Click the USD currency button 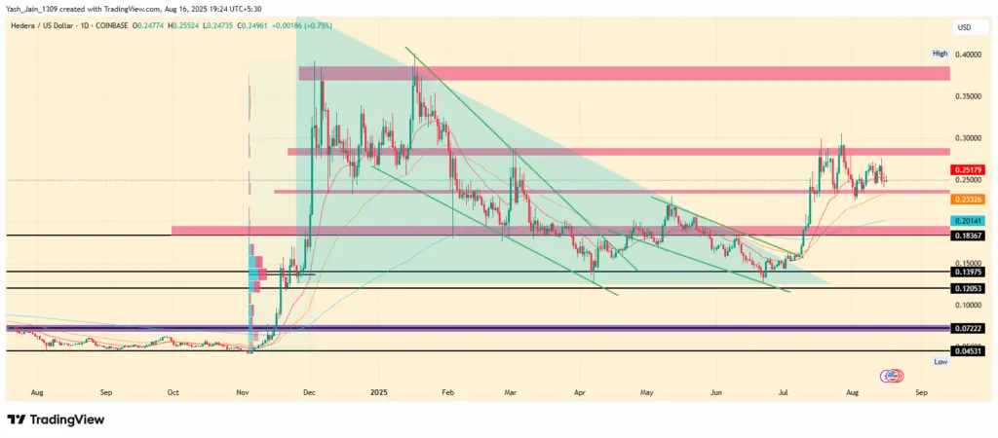click(965, 27)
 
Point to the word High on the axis click(940, 54)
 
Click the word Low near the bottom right click(940, 361)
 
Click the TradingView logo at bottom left click(56, 420)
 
